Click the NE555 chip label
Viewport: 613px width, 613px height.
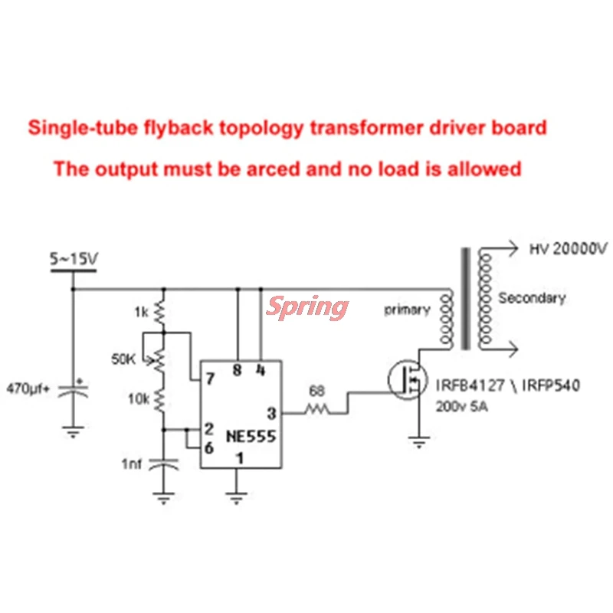point(251,436)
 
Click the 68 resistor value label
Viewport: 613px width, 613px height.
point(316,392)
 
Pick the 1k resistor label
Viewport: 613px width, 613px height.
point(141,312)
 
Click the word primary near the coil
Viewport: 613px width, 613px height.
point(407,310)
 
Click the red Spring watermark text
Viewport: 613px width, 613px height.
point(306,306)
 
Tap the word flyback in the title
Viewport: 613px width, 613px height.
point(168,127)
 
